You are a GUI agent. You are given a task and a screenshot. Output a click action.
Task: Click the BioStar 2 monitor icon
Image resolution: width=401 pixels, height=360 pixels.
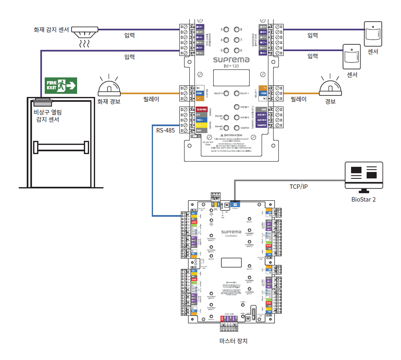363,176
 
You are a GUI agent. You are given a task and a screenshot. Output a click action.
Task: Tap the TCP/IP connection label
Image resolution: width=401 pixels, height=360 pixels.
299,186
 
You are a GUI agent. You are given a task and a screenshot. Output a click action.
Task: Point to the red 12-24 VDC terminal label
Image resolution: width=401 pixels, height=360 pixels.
201,109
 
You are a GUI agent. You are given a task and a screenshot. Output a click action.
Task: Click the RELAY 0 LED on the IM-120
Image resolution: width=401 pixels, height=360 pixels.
226,93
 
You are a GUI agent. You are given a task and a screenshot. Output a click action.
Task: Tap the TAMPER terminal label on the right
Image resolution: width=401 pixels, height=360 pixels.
262,125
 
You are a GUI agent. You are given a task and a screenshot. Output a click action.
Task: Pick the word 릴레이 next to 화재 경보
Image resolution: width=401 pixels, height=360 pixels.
151,99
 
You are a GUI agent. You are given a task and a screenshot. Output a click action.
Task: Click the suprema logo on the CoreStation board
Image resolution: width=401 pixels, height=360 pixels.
231,231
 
